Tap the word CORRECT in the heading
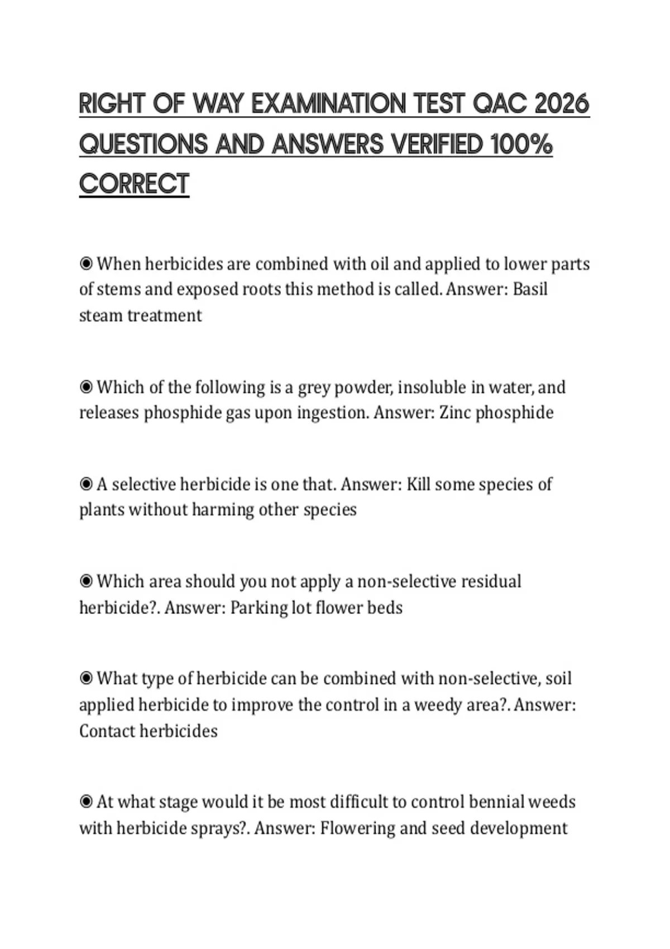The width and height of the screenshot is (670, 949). point(134,184)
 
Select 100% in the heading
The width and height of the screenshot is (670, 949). point(521,144)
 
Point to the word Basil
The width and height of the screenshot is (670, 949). point(530,289)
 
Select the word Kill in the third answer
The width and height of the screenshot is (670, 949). point(418,484)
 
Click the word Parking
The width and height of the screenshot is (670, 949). point(259,607)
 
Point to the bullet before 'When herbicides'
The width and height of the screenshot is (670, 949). point(86,263)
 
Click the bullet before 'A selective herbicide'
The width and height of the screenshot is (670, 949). point(86,484)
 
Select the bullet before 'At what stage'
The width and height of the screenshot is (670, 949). point(86,802)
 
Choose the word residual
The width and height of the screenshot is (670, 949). point(491,581)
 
